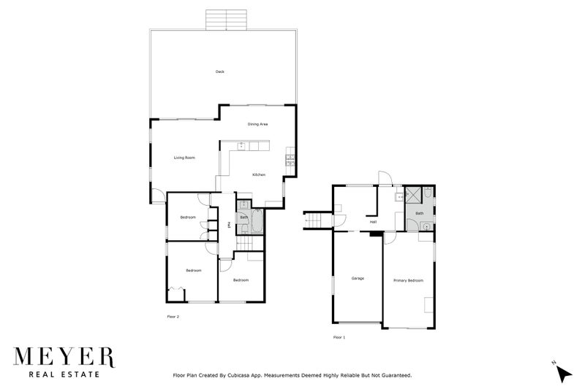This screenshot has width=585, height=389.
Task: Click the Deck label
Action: pyautogui.click(x=219, y=72)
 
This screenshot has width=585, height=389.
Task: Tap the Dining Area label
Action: pyautogui.click(x=257, y=125)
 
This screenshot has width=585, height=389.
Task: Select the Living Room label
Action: pyautogui.click(x=184, y=158)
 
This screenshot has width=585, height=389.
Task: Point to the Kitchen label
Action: pyautogui.click(x=259, y=175)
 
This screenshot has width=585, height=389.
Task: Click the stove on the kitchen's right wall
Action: pyautogui.click(x=290, y=158)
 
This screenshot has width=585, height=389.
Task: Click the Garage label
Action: pyautogui.click(x=358, y=279)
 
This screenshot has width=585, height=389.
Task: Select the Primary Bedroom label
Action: pyautogui.click(x=408, y=281)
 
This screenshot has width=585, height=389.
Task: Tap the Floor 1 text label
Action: pyautogui.click(x=339, y=338)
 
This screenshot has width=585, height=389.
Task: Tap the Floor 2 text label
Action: pyautogui.click(x=173, y=317)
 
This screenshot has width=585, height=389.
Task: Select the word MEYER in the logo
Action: pyautogui.click(x=64, y=357)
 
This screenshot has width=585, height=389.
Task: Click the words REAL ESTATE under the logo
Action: pyautogui.click(x=64, y=375)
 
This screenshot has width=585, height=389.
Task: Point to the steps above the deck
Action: pyautogui.click(x=226, y=19)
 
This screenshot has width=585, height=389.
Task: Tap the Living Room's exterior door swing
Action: pyautogui.click(x=157, y=196)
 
